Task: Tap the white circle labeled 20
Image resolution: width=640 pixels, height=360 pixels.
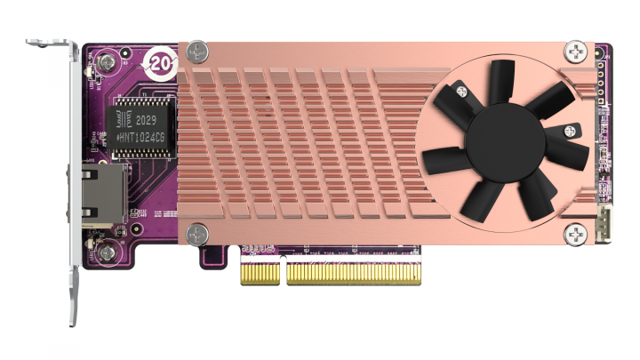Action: (162, 63)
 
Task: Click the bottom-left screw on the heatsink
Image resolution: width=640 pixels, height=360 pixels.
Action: (195, 234)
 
